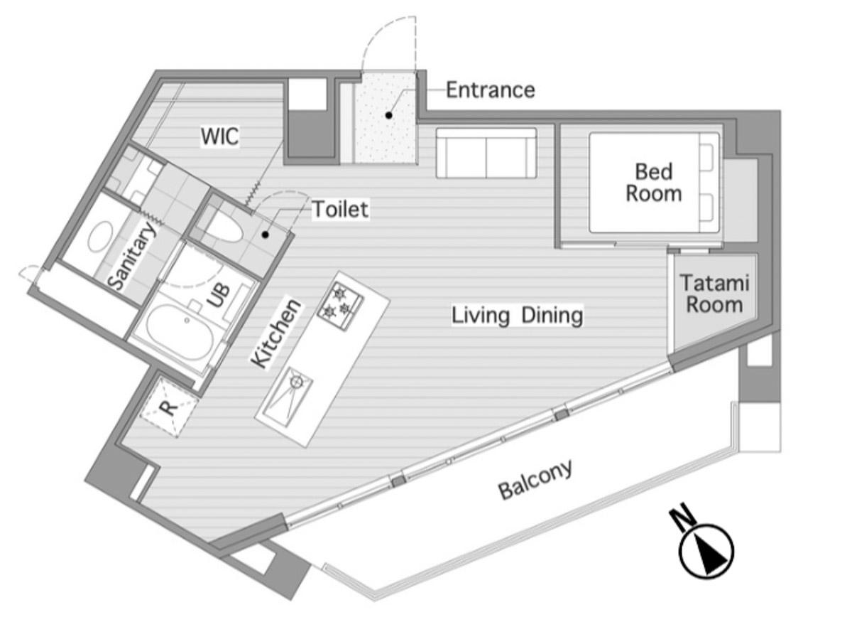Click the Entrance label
[491, 90]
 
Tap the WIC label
[220, 136]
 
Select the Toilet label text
[340, 209]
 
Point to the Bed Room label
[654, 183]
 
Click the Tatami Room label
[715, 294]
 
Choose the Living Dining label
[518, 316]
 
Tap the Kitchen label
[275, 334]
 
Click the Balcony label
[535, 480]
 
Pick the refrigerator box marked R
[169, 407]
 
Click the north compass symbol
[706, 551]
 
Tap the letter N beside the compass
[682, 516]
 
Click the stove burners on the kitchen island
[339, 306]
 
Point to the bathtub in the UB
[180, 332]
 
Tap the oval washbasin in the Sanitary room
[100, 236]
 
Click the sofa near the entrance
[486, 153]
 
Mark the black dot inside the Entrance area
[388, 115]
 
